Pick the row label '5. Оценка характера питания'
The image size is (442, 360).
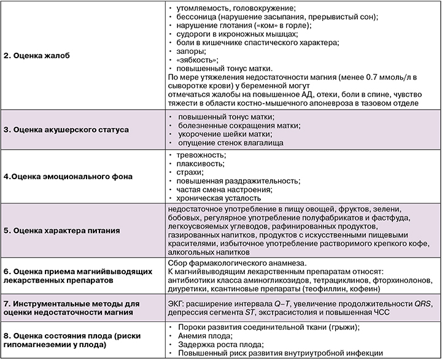coord(62,231)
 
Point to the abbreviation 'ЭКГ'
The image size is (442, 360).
coord(176,303)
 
